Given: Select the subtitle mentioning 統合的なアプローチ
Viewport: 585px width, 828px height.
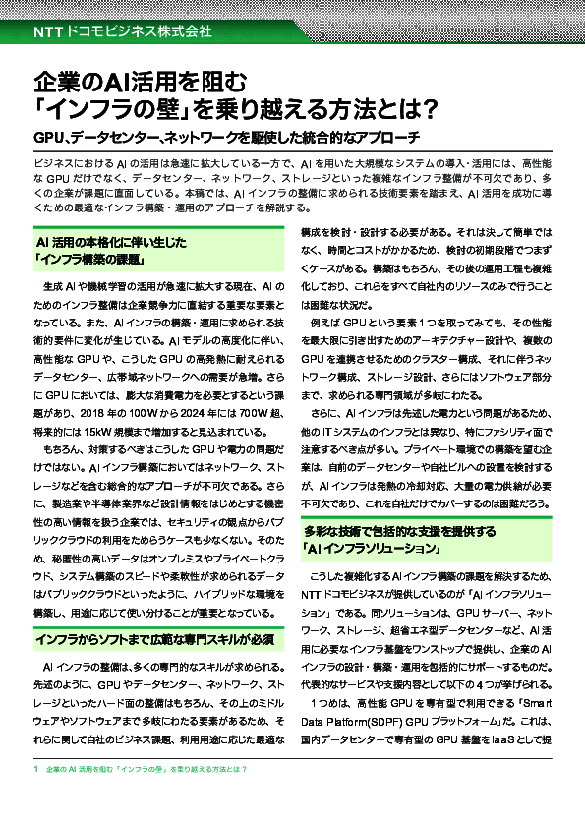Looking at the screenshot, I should (227, 136).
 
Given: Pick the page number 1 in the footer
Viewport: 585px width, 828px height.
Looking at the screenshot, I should (34, 768).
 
